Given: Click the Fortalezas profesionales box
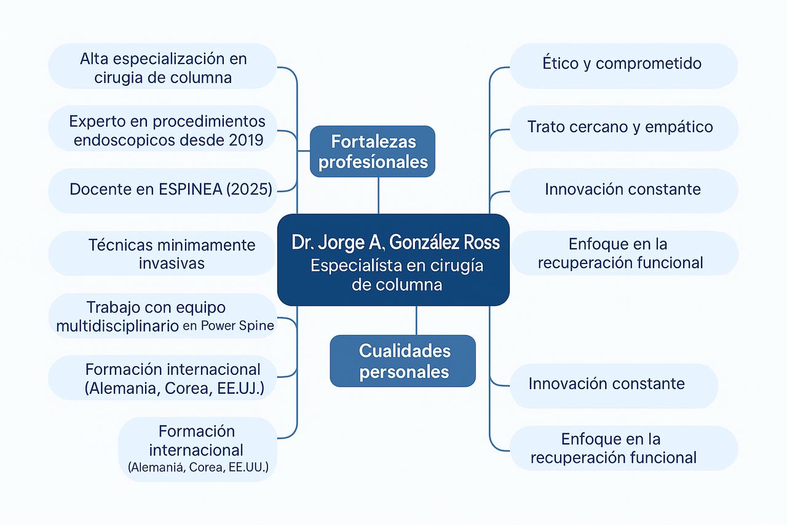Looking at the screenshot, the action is click(373, 151).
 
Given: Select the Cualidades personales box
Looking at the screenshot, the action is click(403, 361).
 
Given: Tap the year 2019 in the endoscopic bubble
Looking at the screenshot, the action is click(246, 140).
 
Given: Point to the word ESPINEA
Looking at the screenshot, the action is click(191, 189).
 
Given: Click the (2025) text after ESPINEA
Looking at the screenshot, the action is click(249, 189).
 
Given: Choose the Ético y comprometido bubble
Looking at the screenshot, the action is click(623, 66).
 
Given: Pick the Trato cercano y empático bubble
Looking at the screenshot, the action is click(624, 129).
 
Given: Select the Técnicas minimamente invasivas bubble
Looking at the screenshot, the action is click(162, 253).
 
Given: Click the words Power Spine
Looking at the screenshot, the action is click(237, 326).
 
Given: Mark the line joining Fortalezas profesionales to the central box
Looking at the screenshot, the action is click(378, 196).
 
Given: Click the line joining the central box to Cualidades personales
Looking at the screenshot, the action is click(416, 320).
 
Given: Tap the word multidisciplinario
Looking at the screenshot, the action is click(117, 326).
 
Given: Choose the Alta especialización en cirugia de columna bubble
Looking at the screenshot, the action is click(163, 66).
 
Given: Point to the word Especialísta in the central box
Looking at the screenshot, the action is click(355, 265).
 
